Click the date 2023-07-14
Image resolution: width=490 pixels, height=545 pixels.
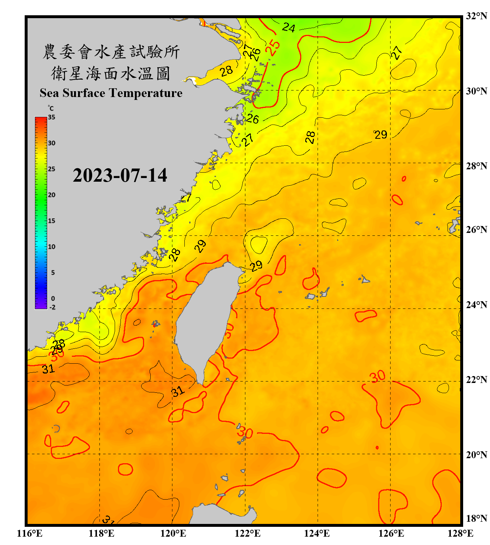(120, 175)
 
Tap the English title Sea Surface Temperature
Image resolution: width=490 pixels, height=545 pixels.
(111, 93)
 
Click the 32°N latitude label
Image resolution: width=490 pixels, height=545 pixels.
(476, 16)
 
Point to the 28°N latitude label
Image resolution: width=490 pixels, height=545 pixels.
(476, 166)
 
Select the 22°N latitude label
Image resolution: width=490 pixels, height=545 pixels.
(476, 380)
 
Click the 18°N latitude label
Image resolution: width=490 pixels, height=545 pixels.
(476, 518)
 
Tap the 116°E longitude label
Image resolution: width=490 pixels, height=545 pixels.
(30, 533)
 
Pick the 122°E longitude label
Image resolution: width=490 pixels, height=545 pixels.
(248, 533)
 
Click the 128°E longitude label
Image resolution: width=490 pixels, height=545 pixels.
(460, 533)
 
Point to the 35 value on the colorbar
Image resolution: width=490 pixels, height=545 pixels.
(52, 117)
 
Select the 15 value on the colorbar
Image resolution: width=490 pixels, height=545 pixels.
(52, 221)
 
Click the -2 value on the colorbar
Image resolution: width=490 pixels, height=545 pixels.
(52, 307)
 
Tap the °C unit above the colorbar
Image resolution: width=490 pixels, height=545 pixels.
(51, 108)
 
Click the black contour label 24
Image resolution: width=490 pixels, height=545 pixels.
(289, 27)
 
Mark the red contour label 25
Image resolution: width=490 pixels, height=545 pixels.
(273, 47)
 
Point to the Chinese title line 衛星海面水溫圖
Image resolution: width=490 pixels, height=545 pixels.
(111, 73)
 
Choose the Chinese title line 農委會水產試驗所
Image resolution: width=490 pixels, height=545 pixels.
(111, 52)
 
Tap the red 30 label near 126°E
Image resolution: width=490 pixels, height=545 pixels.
(377, 376)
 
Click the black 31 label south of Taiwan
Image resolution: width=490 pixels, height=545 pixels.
(178, 391)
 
